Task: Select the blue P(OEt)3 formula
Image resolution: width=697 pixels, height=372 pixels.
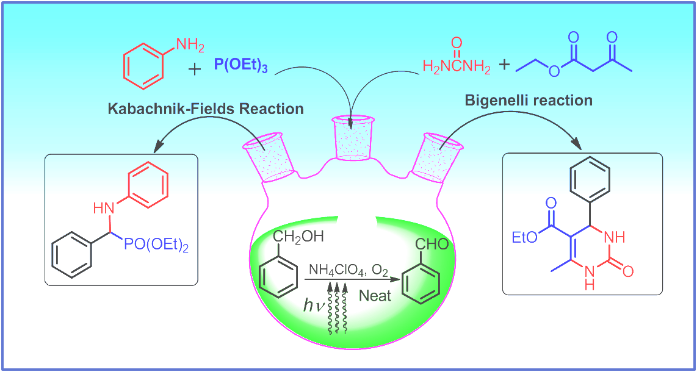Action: pyautogui.click(x=240, y=65)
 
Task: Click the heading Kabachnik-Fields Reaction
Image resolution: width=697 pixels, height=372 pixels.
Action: pyautogui.click(x=206, y=109)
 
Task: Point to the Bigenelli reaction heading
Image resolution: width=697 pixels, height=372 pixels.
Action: pyautogui.click(x=529, y=100)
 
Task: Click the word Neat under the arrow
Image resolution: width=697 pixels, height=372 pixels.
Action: pyautogui.click(x=375, y=296)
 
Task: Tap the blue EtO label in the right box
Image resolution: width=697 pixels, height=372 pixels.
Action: pyautogui.click(x=525, y=237)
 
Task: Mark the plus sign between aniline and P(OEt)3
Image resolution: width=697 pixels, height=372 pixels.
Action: pyautogui.click(x=194, y=69)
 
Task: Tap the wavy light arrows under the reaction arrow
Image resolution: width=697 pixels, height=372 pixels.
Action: pyautogui.click(x=336, y=308)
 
